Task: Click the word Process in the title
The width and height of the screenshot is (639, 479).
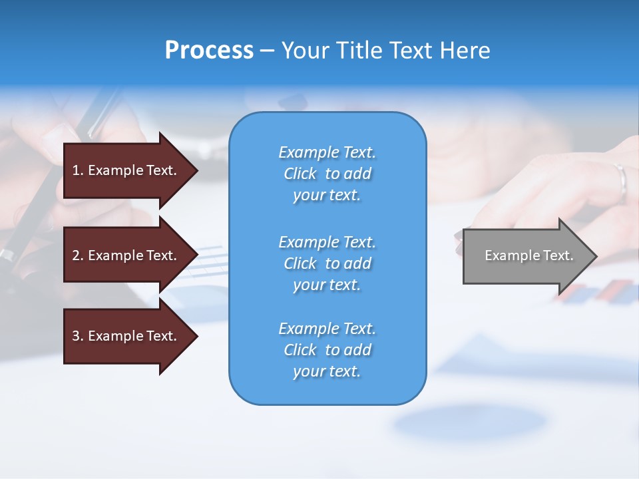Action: coord(209,51)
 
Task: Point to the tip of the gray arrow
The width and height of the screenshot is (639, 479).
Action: coord(596,256)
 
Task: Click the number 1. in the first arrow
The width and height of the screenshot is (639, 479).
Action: coord(78,170)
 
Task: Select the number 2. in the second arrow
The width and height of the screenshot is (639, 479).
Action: coord(78,255)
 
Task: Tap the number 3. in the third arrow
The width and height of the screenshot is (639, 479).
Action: coord(78,336)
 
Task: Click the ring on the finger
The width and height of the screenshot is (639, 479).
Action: coord(621,180)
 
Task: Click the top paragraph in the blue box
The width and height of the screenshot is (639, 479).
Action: coord(327,174)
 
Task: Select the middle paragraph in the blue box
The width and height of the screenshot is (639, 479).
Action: coord(327,263)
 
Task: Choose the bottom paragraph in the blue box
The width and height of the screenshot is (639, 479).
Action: coord(327,350)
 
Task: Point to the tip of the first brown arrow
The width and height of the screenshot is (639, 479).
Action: coord(197,170)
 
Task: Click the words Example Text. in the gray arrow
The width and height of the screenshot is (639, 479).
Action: coord(529,255)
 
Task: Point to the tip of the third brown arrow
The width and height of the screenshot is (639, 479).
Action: coord(197,336)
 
